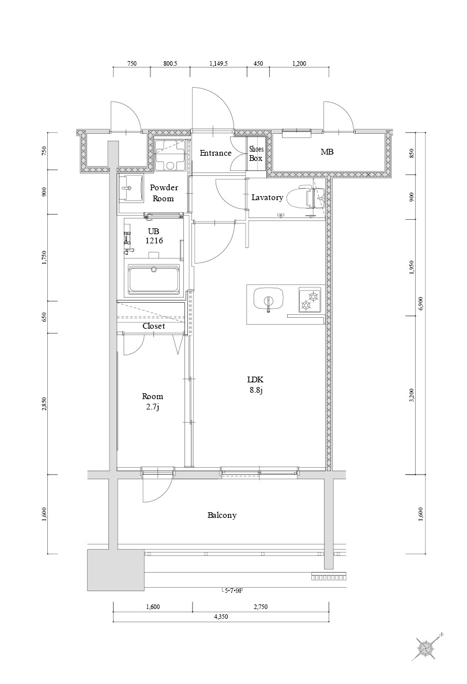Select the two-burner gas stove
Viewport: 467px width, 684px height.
[x=310, y=299]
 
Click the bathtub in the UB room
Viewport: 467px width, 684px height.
[x=154, y=280]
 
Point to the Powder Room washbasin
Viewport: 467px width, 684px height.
[x=131, y=189]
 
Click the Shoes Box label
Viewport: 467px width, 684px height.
[x=256, y=153]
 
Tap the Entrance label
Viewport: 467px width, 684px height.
[x=216, y=153]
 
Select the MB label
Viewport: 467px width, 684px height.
[x=327, y=152]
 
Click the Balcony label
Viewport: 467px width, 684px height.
[x=222, y=515]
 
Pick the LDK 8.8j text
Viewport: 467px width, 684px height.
[x=255, y=384]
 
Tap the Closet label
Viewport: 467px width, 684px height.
[x=153, y=326]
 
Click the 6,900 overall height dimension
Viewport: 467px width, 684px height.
[x=420, y=303]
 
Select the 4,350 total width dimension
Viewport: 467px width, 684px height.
[x=221, y=617]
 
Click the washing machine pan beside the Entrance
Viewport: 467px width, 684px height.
[x=171, y=155]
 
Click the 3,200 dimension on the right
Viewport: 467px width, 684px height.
[x=412, y=395]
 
